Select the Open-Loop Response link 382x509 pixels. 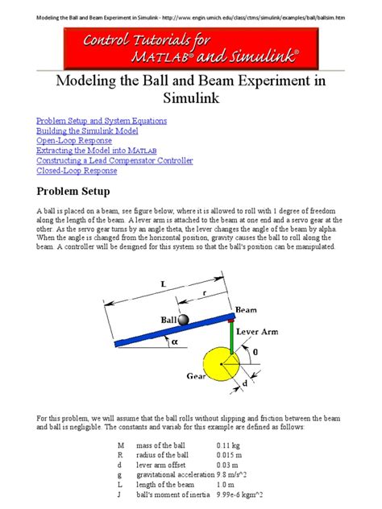(73, 140)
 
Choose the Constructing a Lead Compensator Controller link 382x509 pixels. (114, 160)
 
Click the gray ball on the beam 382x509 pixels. (184, 321)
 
